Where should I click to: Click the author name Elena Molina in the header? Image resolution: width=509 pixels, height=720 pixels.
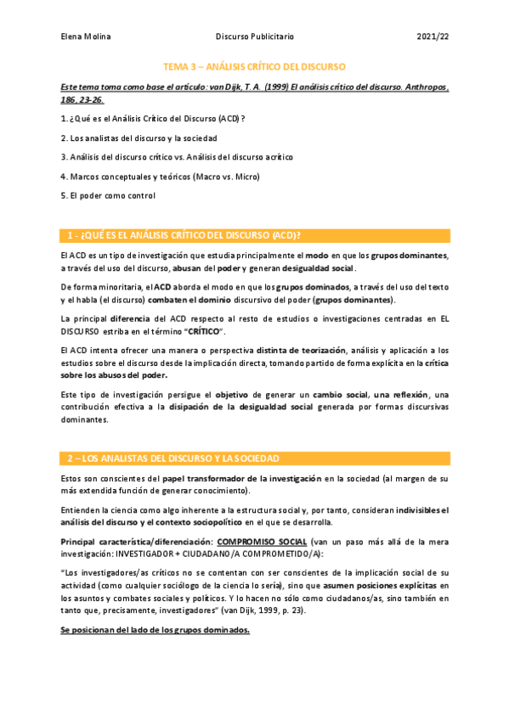(x=86, y=37)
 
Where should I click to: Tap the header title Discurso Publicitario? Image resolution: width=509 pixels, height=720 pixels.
(x=254, y=37)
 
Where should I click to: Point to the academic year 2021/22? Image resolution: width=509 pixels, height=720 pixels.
(x=433, y=37)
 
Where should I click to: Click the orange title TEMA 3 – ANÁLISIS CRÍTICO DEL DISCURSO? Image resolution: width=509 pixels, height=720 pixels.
(x=254, y=65)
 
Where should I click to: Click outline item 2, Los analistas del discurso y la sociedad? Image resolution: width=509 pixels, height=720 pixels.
(x=139, y=138)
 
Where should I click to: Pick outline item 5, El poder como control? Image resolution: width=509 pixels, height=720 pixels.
(x=108, y=196)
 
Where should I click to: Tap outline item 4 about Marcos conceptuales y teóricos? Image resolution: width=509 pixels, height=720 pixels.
(x=160, y=177)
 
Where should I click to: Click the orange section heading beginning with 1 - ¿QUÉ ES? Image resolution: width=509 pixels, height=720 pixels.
(x=184, y=235)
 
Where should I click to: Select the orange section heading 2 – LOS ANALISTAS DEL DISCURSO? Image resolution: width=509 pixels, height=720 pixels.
(x=173, y=458)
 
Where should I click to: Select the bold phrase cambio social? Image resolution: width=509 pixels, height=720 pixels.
(x=342, y=396)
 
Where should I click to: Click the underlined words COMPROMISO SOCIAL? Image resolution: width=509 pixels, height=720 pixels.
(x=258, y=541)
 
